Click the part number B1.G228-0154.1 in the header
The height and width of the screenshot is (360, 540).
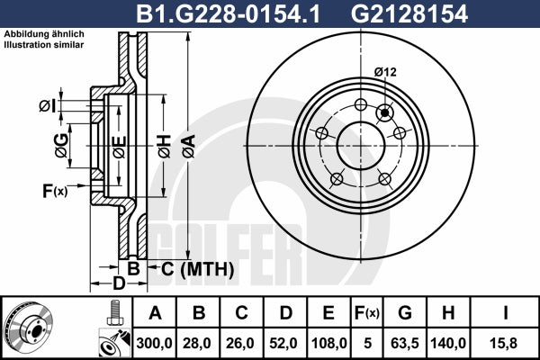click(x=229, y=13)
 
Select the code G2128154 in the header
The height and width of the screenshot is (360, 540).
click(x=409, y=13)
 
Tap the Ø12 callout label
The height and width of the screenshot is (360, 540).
click(x=385, y=72)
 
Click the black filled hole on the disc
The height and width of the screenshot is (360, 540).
click(x=384, y=112)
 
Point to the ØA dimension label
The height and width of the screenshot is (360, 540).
click(x=188, y=147)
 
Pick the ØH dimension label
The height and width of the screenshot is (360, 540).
click(x=165, y=147)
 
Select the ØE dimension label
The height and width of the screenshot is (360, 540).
click(x=119, y=147)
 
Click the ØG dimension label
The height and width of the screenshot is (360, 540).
click(x=61, y=146)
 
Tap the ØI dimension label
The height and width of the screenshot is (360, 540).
click(x=47, y=106)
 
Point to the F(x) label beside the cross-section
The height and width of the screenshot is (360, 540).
click(x=55, y=191)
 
